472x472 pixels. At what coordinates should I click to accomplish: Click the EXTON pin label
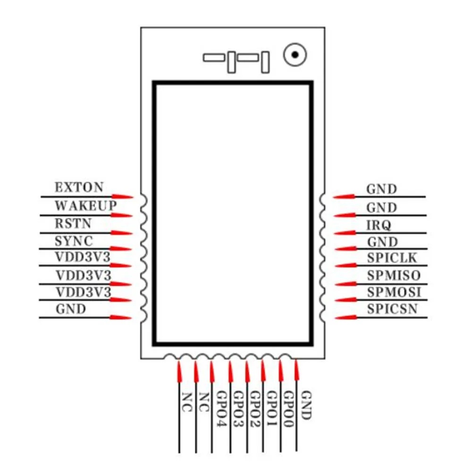[x=79, y=187]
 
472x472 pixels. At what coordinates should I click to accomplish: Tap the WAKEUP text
[x=85, y=206]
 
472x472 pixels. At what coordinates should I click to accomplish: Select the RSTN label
[x=73, y=223]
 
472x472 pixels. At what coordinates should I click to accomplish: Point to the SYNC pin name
[x=74, y=241]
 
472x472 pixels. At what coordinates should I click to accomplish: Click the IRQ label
[x=379, y=226]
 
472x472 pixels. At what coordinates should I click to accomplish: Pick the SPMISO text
[x=394, y=275]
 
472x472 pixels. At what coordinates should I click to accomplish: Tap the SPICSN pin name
[x=392, y=310]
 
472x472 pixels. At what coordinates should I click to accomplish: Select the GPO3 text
[x=238, y=409]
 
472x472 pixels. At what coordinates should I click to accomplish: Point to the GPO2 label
[x=255, y=409]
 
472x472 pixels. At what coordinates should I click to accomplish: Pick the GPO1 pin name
[x=272, y=409]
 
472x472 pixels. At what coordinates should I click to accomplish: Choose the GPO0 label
[x=288, y=409]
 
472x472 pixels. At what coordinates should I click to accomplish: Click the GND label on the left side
[x=71, y=310]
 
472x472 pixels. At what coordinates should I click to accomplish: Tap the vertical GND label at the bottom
[x=305, y=405]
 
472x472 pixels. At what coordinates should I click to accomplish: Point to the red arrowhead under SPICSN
[x=345, y=317]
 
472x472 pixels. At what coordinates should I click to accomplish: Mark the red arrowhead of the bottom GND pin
[x=297, y=370]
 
